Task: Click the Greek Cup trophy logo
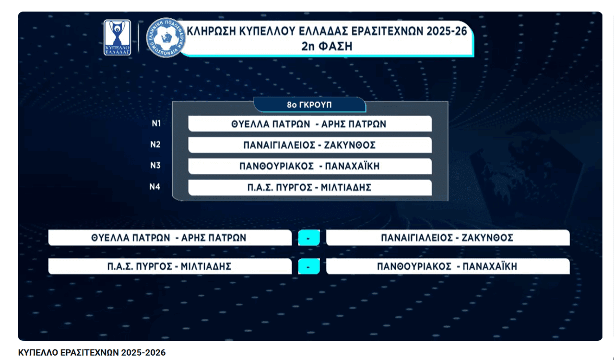click(x=117, y=37)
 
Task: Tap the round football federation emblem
click(x=165, y=37)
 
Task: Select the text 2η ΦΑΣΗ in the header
click(x=327, y=47)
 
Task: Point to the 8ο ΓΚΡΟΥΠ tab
click(x=309, y=105)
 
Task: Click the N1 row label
click(x=156, y=123)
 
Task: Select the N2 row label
click(x=155, y=144)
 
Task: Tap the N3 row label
click(x=155, y=165)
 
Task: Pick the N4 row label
click(x=155, y=187)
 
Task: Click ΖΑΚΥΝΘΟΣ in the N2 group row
click(x=350, y=145)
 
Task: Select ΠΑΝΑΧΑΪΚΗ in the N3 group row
click(x=352, y=166)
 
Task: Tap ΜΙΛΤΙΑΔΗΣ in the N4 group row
click(x=346, y=187)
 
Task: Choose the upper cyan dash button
click(x=308, y=238)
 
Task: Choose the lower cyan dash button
click(x=308, y=266)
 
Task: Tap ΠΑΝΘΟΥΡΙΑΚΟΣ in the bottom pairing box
click(x=414, y=266)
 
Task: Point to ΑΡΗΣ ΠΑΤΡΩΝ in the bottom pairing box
click(x=214, y=238)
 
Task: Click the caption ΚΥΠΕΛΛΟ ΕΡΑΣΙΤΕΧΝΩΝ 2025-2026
click(x=92, y=353)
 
